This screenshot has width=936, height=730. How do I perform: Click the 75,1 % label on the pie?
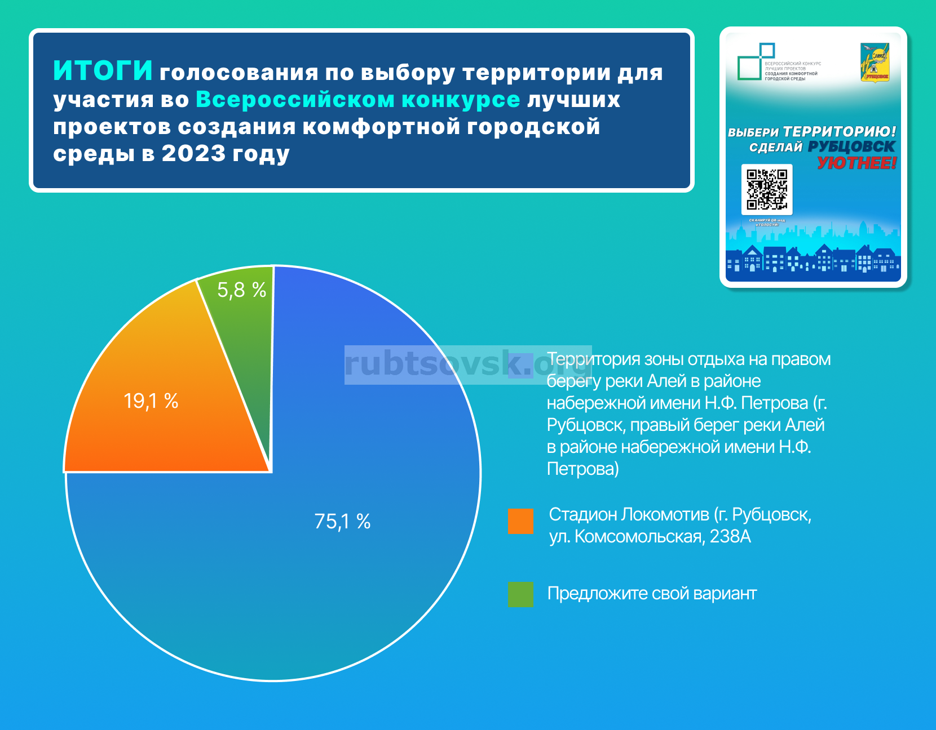pos(342,522)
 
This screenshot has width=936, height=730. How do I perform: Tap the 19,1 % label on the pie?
pos(151,401)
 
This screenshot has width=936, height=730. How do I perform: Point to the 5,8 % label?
pos(241,290)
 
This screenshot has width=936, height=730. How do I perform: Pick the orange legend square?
pos(520,521)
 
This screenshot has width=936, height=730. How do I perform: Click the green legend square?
pos(520,594)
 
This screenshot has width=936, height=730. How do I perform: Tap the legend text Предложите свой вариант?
pos(652,594)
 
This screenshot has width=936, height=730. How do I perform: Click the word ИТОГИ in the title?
pos(103,71)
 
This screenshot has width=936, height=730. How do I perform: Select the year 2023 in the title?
pos(193,154)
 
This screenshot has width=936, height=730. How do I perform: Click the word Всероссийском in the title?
pos(295,100)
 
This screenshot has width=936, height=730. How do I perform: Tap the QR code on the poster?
pos(767,189)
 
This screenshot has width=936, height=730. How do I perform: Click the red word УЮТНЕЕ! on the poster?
pos(856,163)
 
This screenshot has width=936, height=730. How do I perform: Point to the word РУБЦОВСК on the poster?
pos(851,147)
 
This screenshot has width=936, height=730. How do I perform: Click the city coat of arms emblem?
pos(875,63)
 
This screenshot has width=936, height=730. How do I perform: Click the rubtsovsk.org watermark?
pos(467,364)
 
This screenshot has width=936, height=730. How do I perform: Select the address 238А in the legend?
pos(730,537)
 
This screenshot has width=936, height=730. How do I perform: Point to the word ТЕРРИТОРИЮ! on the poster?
pos(840,132)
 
